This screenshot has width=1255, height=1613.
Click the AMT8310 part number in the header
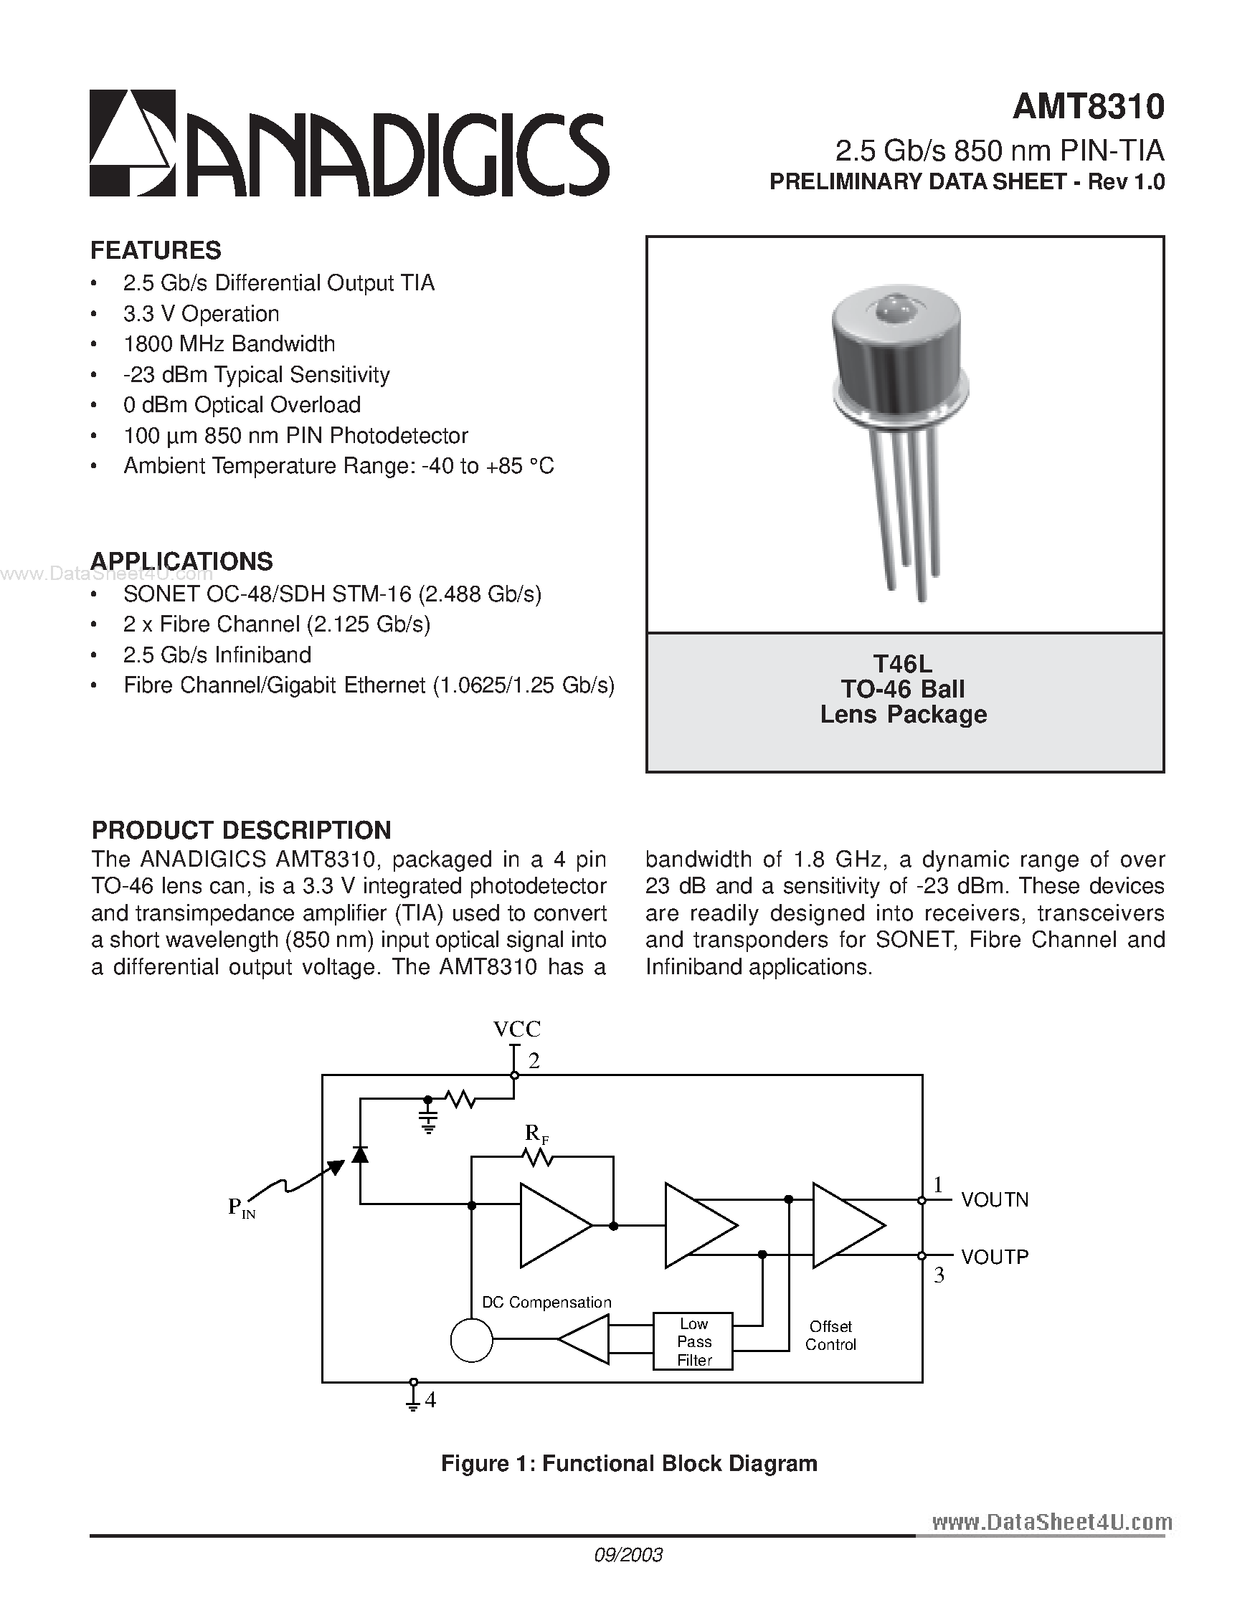(1087, 107)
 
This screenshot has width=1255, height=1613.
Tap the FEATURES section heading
(155, 250)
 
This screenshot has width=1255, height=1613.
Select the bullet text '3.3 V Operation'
(201, 314)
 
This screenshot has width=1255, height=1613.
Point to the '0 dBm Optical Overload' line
(242, 405)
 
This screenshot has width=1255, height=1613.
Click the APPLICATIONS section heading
(181, 561)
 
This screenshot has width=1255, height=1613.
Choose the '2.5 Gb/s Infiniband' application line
(217, 655)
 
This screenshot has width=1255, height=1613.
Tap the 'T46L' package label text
(903, 663)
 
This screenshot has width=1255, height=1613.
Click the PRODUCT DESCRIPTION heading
(241, 830)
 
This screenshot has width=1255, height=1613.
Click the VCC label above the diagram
(516, 1029)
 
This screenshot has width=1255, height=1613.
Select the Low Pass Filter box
(693, 1341)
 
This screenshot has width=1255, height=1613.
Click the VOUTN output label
(994, 1200)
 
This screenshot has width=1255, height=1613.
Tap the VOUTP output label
(994, 1257)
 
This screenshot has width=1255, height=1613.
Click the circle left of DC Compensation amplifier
(471, 1340)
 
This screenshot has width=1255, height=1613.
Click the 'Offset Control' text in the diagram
(830, 1336)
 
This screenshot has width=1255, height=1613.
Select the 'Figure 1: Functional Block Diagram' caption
(629, 1464)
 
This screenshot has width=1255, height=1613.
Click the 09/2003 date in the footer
(628, 1555)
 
